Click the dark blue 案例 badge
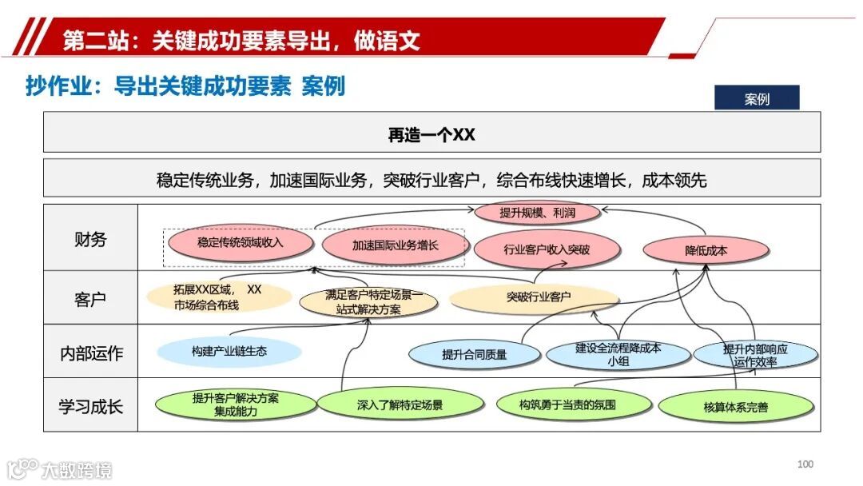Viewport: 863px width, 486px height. pyautogui.click(x=756, y=98)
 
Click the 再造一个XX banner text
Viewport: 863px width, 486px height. pyautogui.click(x=431, y=134)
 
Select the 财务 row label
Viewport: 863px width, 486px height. pyautogui.click(x=90, y=239)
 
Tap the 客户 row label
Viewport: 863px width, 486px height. pyautogui.click(x=90, y=299)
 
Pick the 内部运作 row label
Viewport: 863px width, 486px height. pyautogui.click(x=90, y=353)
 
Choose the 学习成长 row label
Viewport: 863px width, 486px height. pyautogui.click(x=90, y=406)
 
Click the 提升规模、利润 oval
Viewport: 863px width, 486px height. pyautogui.click(x=537, y=213)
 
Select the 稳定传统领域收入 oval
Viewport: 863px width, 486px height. pyautogui.click(x=241, y=242)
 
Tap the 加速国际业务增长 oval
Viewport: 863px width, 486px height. pyautogui.click(x=395, y=245)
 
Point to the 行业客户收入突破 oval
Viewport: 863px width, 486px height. pyautogui.click(x=547, y=249)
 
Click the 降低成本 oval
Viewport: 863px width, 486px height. pyautogui.click(x=706, y=250)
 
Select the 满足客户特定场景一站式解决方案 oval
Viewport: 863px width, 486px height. pyautogui.click(x=368, y=302)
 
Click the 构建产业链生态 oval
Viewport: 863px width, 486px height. pyautogui.click(x=229, y=352)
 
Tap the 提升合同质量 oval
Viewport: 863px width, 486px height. pyautogui.click(x=475, y=353)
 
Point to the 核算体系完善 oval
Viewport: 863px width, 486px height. pyautogui.click(x=736, y=407)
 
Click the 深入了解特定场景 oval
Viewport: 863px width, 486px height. pyautogui.click(x=400, y=405)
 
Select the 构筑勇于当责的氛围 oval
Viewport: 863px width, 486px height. pyautogui.click(x=567, y=404)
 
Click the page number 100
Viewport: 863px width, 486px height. pyautogui.click(x=805, y=464)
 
